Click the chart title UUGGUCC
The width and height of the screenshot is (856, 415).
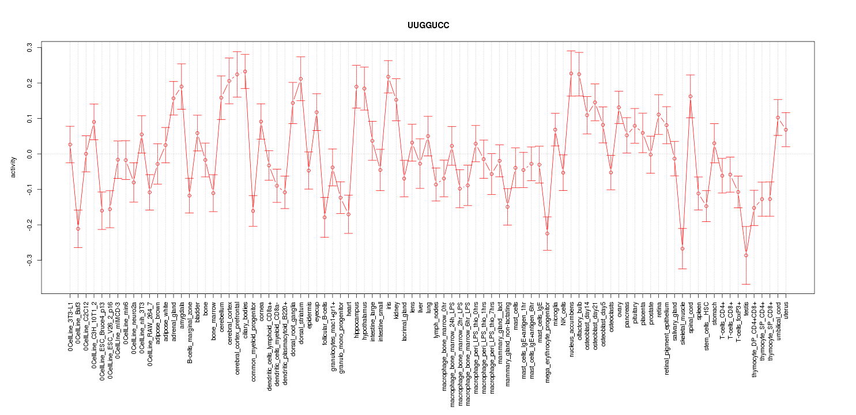coord(428,26)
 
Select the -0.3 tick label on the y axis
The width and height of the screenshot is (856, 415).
coord(29,261)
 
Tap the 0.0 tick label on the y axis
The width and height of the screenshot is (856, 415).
coord(29,154)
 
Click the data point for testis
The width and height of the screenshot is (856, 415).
coord(746,255)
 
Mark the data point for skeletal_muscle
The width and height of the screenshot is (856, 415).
coord(682,248)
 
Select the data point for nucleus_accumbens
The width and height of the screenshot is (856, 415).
coord(571,73)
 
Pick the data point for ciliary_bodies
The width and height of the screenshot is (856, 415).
coord(245,71)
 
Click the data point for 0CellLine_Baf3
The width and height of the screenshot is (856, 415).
coord(78,229)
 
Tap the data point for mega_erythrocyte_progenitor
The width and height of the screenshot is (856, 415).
coord(547,233)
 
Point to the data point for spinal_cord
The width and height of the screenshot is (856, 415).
coord(691,96)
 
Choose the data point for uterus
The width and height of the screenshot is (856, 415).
coord(786,130)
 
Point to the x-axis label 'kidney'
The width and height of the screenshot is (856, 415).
coord(396,309)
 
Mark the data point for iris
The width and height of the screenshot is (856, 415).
coord(388,77)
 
